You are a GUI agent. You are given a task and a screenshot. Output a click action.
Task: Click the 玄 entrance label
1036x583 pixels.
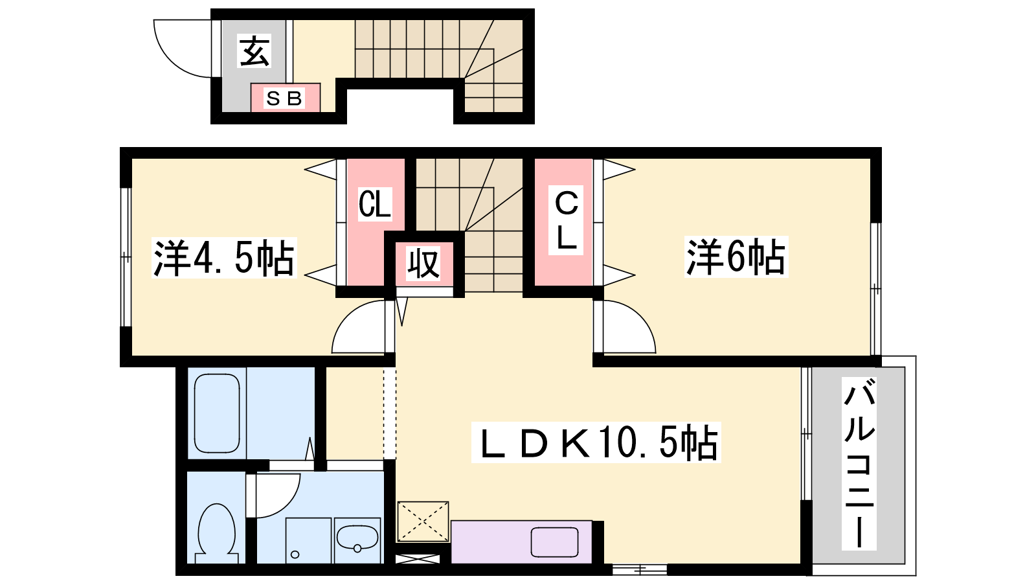(x=254, y=52)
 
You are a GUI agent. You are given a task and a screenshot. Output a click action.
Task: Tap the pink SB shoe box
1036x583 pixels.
(x=286, y=98)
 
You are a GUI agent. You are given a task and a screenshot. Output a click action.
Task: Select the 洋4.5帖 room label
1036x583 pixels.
(x=224, y=258)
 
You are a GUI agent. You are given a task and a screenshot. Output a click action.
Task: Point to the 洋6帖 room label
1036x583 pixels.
(x=736, y=257)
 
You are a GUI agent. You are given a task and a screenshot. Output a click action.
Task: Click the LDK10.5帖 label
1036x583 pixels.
(x=596, y=442)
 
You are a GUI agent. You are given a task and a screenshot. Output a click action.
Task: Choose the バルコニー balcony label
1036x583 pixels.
(x=859, y=463)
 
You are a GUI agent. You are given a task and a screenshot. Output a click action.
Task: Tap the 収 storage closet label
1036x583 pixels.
(x=423, y=263)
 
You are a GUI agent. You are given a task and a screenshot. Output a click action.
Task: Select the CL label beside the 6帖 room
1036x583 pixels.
(x=566, y=220)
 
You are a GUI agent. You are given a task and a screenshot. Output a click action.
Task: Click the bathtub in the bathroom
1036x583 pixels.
(x=217, y=413)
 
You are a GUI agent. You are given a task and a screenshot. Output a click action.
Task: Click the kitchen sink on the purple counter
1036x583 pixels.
(x=554, y=542)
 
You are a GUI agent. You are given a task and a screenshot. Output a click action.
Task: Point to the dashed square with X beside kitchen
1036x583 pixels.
(x=423, y=521)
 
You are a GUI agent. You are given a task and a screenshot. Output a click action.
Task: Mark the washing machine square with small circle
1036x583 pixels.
(x=308, y=540)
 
